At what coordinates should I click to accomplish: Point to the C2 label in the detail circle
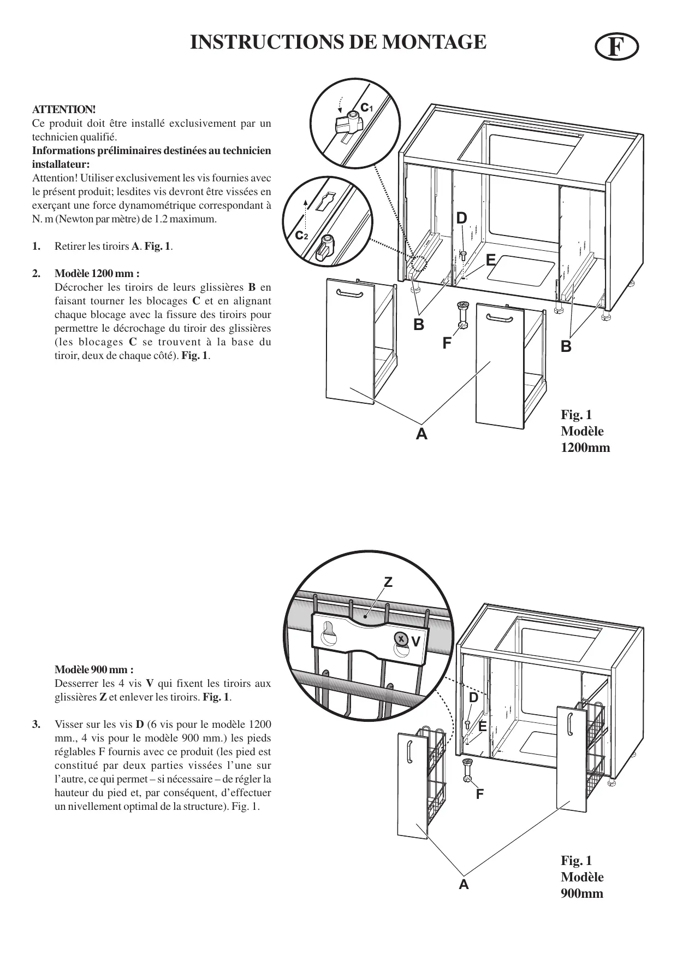point(301,236)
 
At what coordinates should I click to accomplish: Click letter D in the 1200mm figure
point(462,218)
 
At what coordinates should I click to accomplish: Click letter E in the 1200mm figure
point(490,259)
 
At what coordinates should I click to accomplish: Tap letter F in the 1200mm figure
point(447,343)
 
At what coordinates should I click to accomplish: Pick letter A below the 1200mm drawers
point(421,434)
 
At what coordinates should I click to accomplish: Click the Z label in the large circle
point(388,583)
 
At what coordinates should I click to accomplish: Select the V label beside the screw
point(416,642)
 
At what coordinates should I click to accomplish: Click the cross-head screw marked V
point(401,638)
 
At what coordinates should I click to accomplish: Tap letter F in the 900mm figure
point(479,794)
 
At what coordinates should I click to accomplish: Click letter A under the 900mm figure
point(464,884)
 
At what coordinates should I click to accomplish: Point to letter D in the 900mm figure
point(473,698)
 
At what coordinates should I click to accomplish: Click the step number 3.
point(36,725)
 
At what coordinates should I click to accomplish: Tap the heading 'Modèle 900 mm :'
point(94,669)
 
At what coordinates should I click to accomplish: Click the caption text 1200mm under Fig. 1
point(585,448)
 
